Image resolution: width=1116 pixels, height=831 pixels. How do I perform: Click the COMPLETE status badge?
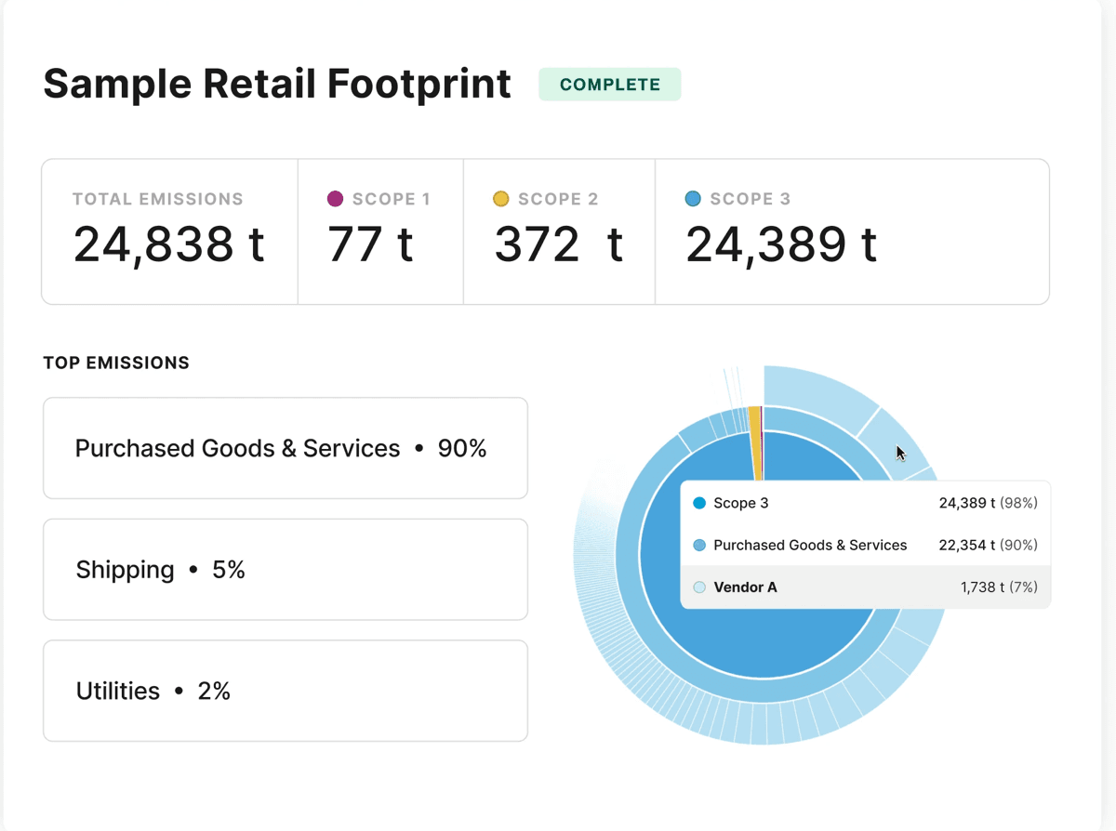coord(610,85)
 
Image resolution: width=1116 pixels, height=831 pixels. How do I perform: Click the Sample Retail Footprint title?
coord(277,84)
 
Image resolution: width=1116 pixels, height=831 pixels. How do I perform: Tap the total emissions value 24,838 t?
coord(168,245)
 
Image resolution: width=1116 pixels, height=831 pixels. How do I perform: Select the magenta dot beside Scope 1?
coord(335,199)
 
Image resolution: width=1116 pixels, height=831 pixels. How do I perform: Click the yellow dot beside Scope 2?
coord(500,199)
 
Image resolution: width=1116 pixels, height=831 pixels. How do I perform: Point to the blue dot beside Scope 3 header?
coord(693,199)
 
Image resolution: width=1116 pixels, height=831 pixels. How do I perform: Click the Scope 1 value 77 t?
coord(370,244)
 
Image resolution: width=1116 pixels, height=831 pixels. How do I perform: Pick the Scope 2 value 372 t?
coord(559,244)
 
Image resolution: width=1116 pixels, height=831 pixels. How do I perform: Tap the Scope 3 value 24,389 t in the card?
coord(781,245)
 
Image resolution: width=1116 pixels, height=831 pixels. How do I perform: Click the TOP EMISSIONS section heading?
coord(116,363)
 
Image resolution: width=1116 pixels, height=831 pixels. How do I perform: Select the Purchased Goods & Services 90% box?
coord(286,448)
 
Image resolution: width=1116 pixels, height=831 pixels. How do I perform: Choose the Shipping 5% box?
coord(286,570)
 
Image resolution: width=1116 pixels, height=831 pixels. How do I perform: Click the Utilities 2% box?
coord(286,691)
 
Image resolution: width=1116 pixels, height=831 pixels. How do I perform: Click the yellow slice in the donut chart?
coord(755,442)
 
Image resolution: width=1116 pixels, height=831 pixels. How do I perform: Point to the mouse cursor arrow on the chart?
coord(900,454)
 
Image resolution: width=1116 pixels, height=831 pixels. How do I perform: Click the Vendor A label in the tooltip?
coord(745,587)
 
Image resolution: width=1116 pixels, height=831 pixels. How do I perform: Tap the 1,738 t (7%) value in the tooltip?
coord(999,587)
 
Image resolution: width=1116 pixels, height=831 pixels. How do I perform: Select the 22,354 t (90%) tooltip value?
coord(989,545)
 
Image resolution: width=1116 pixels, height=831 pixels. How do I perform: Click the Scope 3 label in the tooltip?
coord(740,503)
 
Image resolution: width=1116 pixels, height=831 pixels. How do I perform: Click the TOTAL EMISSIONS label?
coord(158,199)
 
